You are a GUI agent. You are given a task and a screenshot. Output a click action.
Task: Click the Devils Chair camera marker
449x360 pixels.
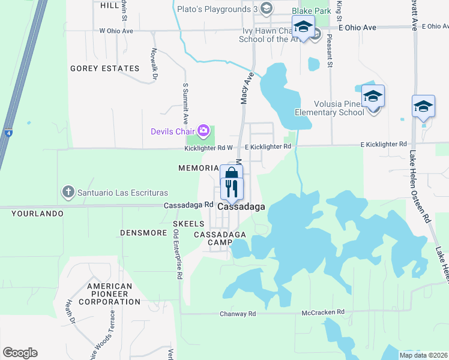tap(203, 130)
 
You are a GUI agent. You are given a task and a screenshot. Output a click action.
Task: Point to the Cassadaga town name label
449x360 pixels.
tap(241, 206)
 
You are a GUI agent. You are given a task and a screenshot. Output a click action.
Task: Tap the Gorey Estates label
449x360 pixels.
tap(105, 68)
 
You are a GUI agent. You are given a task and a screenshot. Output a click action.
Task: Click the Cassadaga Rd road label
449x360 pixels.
tap(189, 205)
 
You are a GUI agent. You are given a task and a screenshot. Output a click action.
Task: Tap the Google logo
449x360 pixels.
tap(20, 353)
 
